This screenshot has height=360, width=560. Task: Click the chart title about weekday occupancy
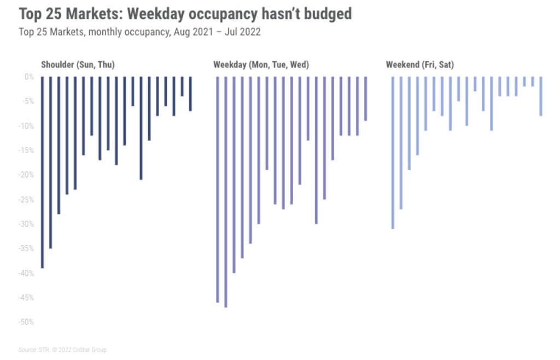coord(185,14)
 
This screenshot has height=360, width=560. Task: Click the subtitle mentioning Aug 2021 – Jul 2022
coord(139,32)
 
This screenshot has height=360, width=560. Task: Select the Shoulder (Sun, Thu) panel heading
coord(78,65)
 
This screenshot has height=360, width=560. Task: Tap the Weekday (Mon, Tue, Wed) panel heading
coord(261,65)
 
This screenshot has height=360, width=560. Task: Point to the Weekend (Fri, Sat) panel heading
coord(419,65)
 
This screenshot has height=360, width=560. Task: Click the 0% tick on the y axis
coord(29,77)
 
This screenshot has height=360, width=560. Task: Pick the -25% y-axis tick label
coord(26,200)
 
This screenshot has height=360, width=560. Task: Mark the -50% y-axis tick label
coord(26,322)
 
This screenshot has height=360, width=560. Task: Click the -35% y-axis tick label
coord(26,249)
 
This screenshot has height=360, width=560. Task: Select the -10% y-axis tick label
coord(26,126)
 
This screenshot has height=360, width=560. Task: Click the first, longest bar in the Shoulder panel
coord(42,172)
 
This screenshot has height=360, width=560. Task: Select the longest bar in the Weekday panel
coord(226,191)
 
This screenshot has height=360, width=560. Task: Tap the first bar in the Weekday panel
coord(218,189)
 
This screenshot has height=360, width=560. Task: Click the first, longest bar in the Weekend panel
coord(393,153)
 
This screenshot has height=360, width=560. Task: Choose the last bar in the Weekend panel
coord(541,96)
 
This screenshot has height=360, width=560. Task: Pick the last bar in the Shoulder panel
coord(190,94)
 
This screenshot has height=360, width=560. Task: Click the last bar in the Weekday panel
coord(365,99)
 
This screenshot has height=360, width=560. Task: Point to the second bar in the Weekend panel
coord(401,143)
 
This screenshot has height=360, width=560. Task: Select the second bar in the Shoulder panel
coord(50,162)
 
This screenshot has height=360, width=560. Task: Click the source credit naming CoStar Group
coord(63,350)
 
